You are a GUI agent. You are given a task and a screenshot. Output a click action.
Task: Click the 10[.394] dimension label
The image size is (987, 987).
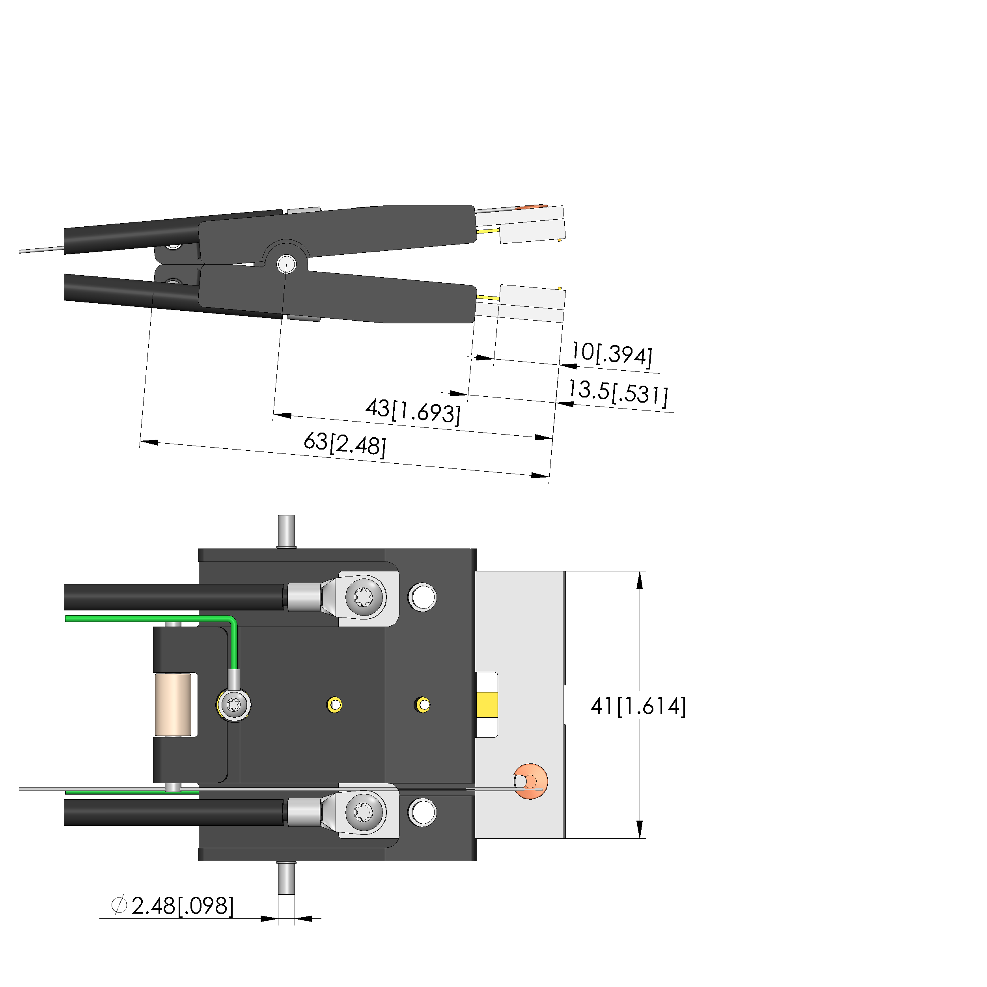pyautogui.click(x=612, y=354)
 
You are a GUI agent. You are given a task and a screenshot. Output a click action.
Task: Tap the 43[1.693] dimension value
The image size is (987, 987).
pyautogui.click(x=413, y=411)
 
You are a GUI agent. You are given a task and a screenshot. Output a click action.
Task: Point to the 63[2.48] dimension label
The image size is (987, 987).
pyautogui.click(x=345, y=444)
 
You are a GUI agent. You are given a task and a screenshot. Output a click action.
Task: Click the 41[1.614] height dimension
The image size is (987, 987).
pyautogui.click(x=638, y=706)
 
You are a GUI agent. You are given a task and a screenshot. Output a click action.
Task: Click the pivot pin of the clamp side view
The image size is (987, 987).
pyautogui.click(x=286, y=264)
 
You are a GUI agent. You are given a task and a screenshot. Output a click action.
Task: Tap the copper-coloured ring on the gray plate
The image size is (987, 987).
pyautogui.click(x=531, y=781)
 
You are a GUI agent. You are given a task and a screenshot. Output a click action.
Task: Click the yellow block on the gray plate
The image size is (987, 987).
pyautogui.click(x=487, y=705)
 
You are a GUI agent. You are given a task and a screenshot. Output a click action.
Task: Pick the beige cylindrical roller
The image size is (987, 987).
pyautogui.click(x=173, y=705)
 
